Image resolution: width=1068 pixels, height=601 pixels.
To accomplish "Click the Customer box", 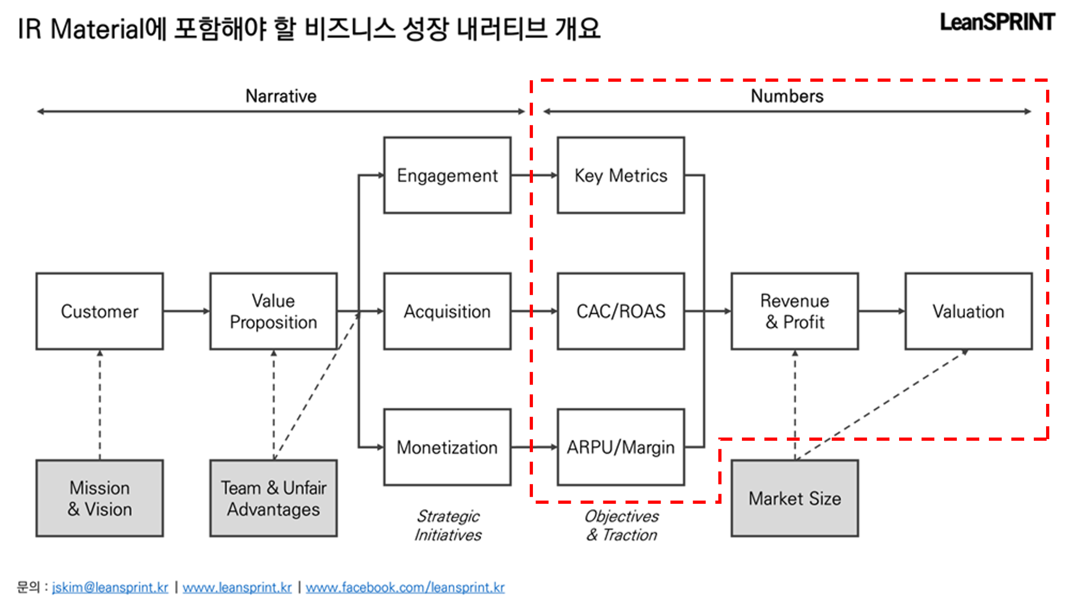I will [99, 311].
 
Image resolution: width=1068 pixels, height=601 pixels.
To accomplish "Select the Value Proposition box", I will [273, 311].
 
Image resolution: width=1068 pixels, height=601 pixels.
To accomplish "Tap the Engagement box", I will [447, 175].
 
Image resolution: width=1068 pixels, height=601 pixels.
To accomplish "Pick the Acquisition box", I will [447, 311].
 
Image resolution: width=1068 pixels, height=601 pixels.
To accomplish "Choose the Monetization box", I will [447, 447].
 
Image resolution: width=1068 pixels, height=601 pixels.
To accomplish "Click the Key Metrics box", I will [621, 175].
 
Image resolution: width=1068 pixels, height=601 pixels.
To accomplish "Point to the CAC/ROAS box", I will [621, 311].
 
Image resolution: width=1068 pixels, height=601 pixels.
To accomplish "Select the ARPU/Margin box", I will [621, 447].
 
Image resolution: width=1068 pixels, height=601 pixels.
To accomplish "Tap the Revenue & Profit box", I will [794, 311].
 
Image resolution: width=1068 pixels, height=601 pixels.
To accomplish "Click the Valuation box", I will [968, 311].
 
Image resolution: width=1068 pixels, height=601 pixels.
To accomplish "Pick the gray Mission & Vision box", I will [99, 498].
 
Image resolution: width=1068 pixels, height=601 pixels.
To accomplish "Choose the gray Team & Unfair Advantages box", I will [273, 498].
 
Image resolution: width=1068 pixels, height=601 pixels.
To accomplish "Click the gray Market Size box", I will [794, 498].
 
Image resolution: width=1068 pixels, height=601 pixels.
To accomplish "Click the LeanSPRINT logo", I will [997, 22].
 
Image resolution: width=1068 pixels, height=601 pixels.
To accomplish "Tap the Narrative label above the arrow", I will [281, 96].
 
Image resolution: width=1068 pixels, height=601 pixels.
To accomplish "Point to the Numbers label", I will [787, 96].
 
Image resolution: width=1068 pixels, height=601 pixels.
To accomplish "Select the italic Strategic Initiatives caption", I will [448, 525].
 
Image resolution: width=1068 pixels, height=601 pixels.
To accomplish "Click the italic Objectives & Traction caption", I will [622, 525].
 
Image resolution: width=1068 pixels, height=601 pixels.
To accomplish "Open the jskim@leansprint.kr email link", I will [110, 587].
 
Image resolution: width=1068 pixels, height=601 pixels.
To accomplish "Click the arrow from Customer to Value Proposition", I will [186, 311].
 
